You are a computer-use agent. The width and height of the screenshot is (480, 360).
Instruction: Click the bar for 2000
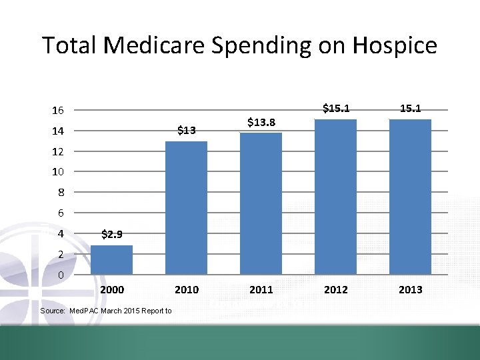click(x=111, y=260)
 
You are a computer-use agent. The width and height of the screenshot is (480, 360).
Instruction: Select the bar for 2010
click(x=186, y=208)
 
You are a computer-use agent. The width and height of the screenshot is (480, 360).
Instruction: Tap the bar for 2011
click(x=261, y=203)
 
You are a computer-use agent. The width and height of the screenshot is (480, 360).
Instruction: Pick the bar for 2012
click(x=335, y=197)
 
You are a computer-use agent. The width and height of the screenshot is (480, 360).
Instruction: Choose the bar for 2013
click(x=410, y=197)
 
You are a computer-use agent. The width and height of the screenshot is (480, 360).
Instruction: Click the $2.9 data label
click(x=111, y=234)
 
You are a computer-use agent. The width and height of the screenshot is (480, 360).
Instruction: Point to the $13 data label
click(x=186, y=130)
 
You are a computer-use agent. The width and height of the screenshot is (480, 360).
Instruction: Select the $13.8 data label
click(x=261, y=121)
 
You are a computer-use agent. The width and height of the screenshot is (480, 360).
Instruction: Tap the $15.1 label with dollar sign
click(x=336, y=107)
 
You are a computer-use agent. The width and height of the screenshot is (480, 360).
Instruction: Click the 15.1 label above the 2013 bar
click(x=410, y=107)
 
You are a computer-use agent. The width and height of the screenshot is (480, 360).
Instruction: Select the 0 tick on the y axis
click(x=60, y=275)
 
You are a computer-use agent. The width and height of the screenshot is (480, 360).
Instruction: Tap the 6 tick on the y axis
click(x=60, y=213)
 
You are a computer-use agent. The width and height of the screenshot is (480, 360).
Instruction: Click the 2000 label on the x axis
click(x=111, y=289)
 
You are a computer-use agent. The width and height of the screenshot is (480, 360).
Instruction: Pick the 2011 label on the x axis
click(x=261, y=289)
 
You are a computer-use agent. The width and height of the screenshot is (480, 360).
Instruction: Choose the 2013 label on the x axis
click(x=410, y=289)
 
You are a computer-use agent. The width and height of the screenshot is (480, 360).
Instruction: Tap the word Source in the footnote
click(x=52, y=311)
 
